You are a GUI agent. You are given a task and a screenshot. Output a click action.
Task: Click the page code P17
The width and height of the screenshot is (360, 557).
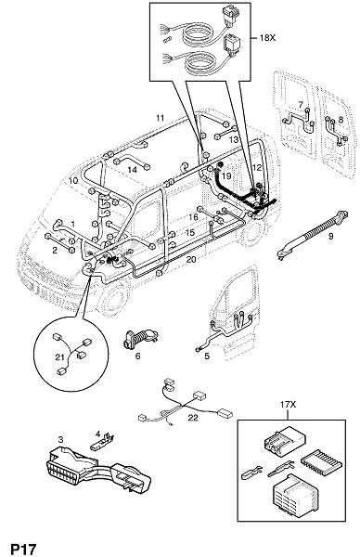coord(24,549)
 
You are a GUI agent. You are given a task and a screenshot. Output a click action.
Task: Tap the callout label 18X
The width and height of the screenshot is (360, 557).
coord(267,37)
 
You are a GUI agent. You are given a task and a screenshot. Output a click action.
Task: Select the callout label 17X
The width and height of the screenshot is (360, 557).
coord(288,404)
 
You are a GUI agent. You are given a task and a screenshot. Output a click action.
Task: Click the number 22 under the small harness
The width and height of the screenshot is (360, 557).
coord(193,418)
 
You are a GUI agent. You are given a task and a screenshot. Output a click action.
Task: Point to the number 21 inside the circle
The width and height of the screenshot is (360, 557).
coord(59,357)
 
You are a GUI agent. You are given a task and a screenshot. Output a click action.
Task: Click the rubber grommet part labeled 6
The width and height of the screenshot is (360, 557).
coord(140,339)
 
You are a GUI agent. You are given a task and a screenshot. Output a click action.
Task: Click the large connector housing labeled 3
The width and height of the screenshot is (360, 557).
coord(99,471)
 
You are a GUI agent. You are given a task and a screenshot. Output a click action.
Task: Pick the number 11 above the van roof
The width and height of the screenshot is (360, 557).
coord(161,118)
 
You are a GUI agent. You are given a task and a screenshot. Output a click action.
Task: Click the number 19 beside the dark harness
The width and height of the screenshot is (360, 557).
coord(226,175)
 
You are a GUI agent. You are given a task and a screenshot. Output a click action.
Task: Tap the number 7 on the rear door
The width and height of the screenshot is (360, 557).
coord(301,105)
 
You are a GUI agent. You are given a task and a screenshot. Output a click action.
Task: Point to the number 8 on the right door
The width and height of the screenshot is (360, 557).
coord(341,120)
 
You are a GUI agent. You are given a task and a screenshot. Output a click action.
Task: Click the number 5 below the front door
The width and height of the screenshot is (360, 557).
coord(207,356)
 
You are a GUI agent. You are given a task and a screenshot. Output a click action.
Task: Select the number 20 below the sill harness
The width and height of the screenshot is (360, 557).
coord(191,260)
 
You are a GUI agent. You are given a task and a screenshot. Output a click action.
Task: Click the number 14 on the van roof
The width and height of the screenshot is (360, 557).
coord(133,170)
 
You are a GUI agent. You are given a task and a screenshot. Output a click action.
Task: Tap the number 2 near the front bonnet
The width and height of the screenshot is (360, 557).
coord(55,250)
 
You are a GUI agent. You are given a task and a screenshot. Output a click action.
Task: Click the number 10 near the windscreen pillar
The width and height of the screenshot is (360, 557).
coord(73,180)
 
